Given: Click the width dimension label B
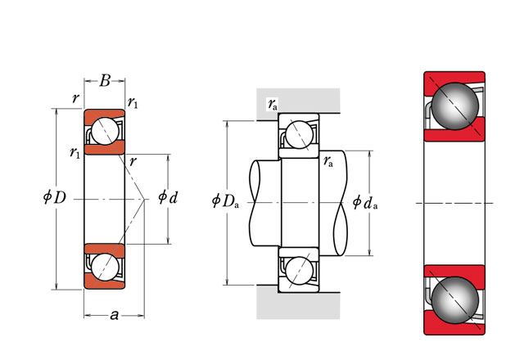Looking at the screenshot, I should pos(105,80).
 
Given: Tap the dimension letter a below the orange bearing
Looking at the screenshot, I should pos(114,315).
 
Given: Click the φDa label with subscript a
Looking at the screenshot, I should pos(225,200).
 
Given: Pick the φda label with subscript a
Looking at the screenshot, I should pos(364,201).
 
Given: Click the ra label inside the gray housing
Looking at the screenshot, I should pos(272,104).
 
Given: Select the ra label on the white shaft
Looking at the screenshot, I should pos(327,161).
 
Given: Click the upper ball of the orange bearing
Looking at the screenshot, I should pos(105,131).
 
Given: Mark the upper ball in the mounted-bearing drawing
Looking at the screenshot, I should pos(298,133).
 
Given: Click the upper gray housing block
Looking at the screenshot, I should pos(299,100).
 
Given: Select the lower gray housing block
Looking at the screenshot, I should pos(299,303).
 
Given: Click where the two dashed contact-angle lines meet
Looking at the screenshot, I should pos(145,199).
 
